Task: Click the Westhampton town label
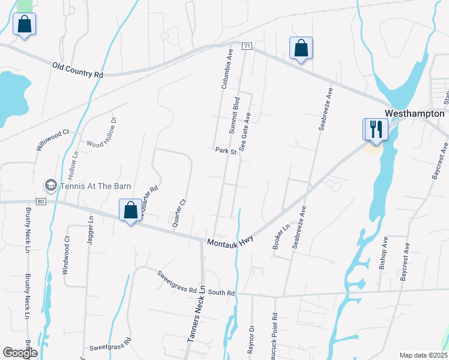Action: [414, 113]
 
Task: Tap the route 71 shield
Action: [246, 46]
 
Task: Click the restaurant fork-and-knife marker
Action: [376, 129]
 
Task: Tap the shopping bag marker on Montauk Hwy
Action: [130, 210]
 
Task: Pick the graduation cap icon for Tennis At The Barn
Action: [51, 185]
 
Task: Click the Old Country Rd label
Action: [77, 70]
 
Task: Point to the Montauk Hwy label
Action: [231, 239]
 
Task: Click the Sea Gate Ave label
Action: [244, 130]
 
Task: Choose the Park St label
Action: [226, 151]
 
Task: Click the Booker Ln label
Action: [281, 236]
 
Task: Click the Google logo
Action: [20, 353]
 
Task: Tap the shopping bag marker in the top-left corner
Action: [23, 25]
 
